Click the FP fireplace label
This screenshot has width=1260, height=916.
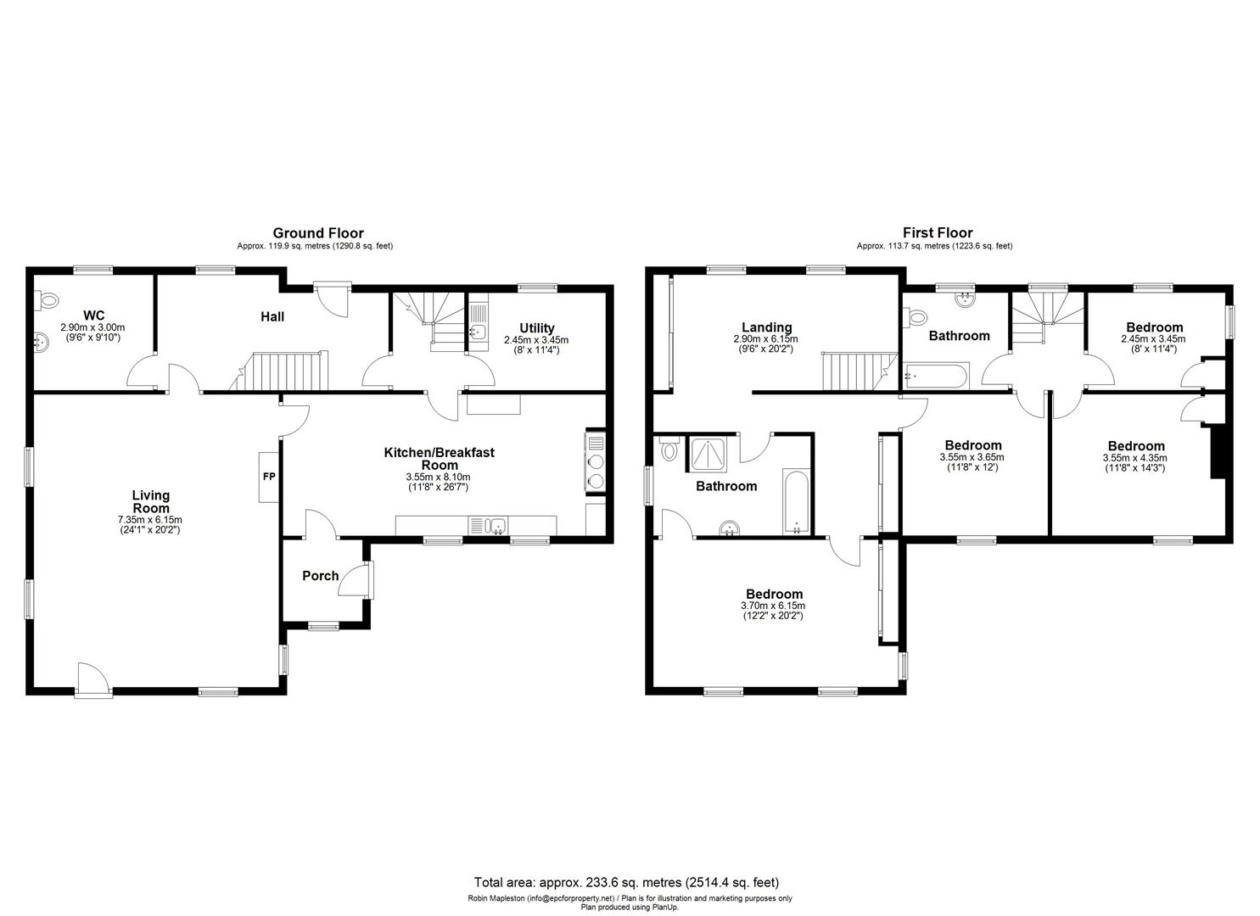(x=269, y=477)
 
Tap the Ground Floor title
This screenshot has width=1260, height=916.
(x=318, y=233)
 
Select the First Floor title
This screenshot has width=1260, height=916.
(x=938, y=233)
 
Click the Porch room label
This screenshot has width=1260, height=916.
(x=321, y=576)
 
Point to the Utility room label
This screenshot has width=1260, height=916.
(x=536, y=328)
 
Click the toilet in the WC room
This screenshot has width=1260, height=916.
(x=48, y=299)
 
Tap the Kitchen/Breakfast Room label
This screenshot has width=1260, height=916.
(x=439, y=458)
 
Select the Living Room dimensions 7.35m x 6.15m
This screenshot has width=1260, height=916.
(x=151, y=520)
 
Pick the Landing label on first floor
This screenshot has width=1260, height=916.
(x=766, y=327)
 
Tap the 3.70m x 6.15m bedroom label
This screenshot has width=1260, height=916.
(x=774, y=595)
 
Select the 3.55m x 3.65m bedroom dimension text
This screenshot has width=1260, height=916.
(x=973, y=457)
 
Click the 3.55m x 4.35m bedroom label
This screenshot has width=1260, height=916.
(x=1136, y=446)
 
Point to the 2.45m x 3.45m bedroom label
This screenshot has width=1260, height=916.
(x=1154, y=327)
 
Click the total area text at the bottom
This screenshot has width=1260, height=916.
(x=626, y=882)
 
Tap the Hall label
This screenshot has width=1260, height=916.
(x=272, y=316)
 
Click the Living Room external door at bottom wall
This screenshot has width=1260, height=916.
(x=93, y=680)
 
